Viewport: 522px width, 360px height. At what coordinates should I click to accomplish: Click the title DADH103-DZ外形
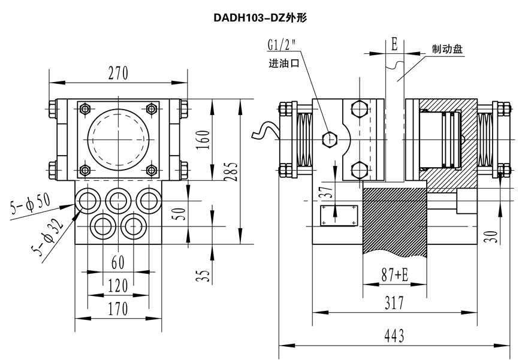click(x=261, y=18)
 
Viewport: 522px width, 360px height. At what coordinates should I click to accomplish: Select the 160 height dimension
click(x=204, y=140)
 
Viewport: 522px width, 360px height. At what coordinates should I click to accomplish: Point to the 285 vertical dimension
click(x=230, y=171)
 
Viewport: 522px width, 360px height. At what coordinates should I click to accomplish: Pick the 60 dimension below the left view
click(x=117, y=262)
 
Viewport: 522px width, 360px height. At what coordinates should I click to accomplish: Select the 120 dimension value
click(x=117, y=286)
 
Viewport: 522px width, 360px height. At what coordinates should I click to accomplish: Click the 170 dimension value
click(x=117, y=308)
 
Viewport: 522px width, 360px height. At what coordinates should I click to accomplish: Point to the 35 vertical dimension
click(x=204, y=276)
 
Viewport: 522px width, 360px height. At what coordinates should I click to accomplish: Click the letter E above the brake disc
click(x=394, y=44)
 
